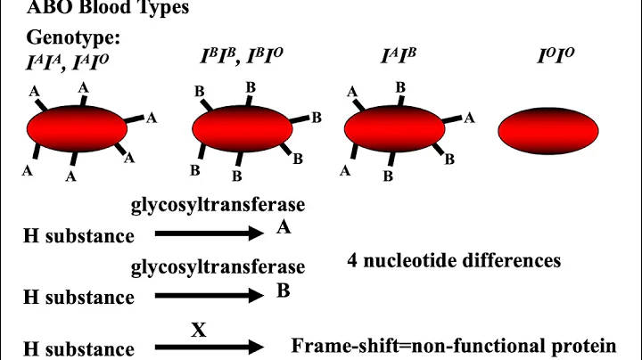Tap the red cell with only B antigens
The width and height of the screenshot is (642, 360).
click(x=243, y=130)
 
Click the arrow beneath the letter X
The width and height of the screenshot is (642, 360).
click(x=210, y=348)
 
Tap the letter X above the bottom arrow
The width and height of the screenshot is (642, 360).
click(x=199, y=330)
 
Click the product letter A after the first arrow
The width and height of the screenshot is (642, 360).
click(x=284, y=228)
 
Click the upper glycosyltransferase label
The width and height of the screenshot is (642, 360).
click(x=218, y=205)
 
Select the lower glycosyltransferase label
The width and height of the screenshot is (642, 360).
click(x=218, y=266)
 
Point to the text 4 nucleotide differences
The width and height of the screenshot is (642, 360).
click(x=455, y=261)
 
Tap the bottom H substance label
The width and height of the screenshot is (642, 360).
click(x=78, y=349)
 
